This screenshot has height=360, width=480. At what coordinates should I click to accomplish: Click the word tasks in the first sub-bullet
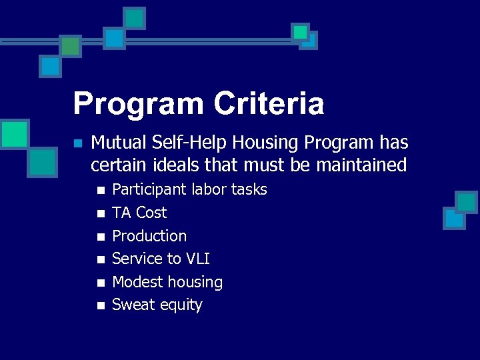pyautogui.click(x=249, y=190)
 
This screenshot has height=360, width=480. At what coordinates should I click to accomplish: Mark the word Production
pyautogui.click(x=149, y=236)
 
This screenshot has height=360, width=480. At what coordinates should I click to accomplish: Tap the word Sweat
pyautogui.click(x=134, y=305)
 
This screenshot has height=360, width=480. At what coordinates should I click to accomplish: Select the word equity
pyautogui.click(x=181, y=306)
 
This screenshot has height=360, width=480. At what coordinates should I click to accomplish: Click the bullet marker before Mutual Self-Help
pyautogui.click(x=78, y=143)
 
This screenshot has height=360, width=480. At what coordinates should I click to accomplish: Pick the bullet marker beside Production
pyautogui.click(x=101, y=237)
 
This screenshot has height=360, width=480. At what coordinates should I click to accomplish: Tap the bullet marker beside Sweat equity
pyautogui.click(x=101, y=306)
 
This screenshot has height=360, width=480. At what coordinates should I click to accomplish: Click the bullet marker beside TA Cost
pyautogui.click(x=101, y=213)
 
